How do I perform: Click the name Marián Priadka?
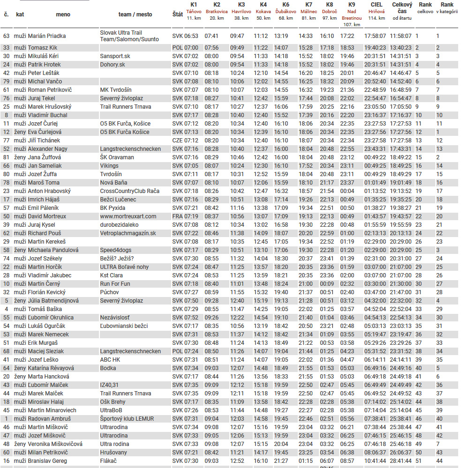(x=46, y=36)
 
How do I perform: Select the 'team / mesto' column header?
(x=135, y=15)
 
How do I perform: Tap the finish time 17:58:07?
(x=375, y=36)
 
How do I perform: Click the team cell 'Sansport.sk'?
(x=115, y=56)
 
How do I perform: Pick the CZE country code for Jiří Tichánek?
(x=177, y=141)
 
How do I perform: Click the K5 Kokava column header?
(x=263, y=11)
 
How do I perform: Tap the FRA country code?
(x=177, y=216)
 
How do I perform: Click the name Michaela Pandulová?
(x=53, y=250)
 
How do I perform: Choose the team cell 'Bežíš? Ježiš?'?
(x=117, y=259)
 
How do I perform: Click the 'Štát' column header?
(x=177, y=15)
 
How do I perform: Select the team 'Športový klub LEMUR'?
(x=127, y=419)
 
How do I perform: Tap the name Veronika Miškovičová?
(x=55, y=444)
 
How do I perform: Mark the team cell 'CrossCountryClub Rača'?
(x=129, y=191)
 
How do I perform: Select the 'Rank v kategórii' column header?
(x=446, y=8)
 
